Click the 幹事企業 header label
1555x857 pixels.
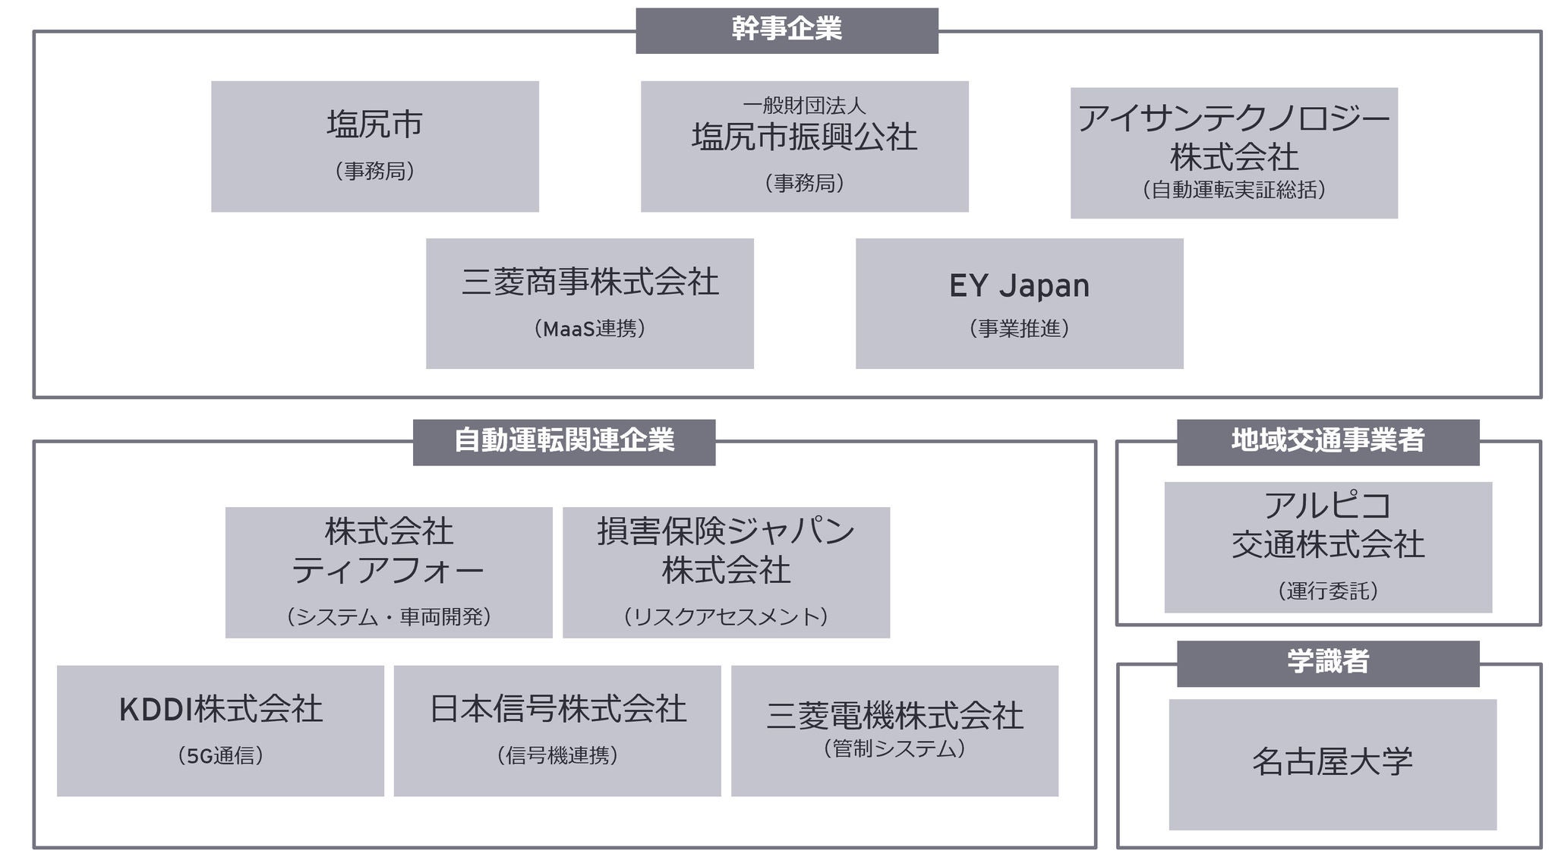click(787, 30)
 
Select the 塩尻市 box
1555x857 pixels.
click(374, 146)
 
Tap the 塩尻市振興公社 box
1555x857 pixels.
click(804, 147)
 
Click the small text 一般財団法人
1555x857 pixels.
click(804, 106)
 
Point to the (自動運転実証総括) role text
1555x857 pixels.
click(1234, 190)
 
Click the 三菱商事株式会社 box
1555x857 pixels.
click(589, 303)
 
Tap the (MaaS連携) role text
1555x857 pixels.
click(589, 329)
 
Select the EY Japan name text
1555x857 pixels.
click(1019, 286)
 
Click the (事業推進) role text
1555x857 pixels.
click(1019, 329)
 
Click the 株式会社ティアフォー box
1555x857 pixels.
click(389, 572)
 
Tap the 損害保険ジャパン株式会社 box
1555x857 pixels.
click(726, 572)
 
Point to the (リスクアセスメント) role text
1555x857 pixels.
click(726, 616)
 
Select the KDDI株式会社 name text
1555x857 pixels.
click(220, 710)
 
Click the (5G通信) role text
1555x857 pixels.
click(220, 755)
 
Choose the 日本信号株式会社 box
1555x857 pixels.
click(557, 730)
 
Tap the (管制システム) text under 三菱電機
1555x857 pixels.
click(894, 748)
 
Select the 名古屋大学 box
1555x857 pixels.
click(1333, 764)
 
